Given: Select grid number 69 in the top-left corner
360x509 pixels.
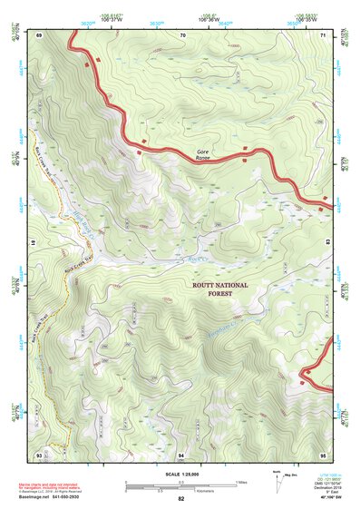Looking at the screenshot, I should pos(39,34).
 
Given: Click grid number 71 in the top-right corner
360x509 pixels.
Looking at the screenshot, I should pos(324,34).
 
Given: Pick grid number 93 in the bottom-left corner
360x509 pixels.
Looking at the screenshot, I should pos(39,453).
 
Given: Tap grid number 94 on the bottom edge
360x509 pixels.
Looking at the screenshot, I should pos(181,453).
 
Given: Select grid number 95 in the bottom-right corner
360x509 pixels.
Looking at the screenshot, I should pos(324,453).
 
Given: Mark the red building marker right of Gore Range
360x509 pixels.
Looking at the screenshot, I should pos(244,148).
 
